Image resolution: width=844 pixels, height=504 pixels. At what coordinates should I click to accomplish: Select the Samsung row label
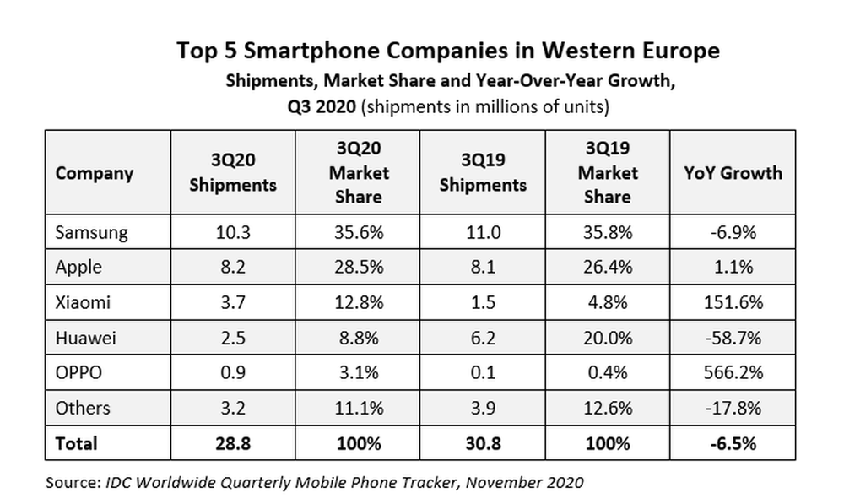point(92,232)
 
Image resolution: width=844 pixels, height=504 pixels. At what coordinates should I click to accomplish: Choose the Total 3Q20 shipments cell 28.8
point(233,442)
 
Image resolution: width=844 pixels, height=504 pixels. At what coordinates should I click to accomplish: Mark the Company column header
point(95,173)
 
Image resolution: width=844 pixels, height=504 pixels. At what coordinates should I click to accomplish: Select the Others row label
point(83,408)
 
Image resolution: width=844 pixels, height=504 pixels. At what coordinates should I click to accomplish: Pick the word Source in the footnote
point(70,483)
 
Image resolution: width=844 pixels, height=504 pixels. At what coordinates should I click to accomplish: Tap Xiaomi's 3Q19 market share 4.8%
point(607,302)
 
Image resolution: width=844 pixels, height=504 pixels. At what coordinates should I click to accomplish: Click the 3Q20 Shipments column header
point(233,173)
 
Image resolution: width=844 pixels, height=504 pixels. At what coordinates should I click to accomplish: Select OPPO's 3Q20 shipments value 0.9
point(233,372)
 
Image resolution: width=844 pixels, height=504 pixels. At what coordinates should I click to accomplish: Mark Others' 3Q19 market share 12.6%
point(607,408)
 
